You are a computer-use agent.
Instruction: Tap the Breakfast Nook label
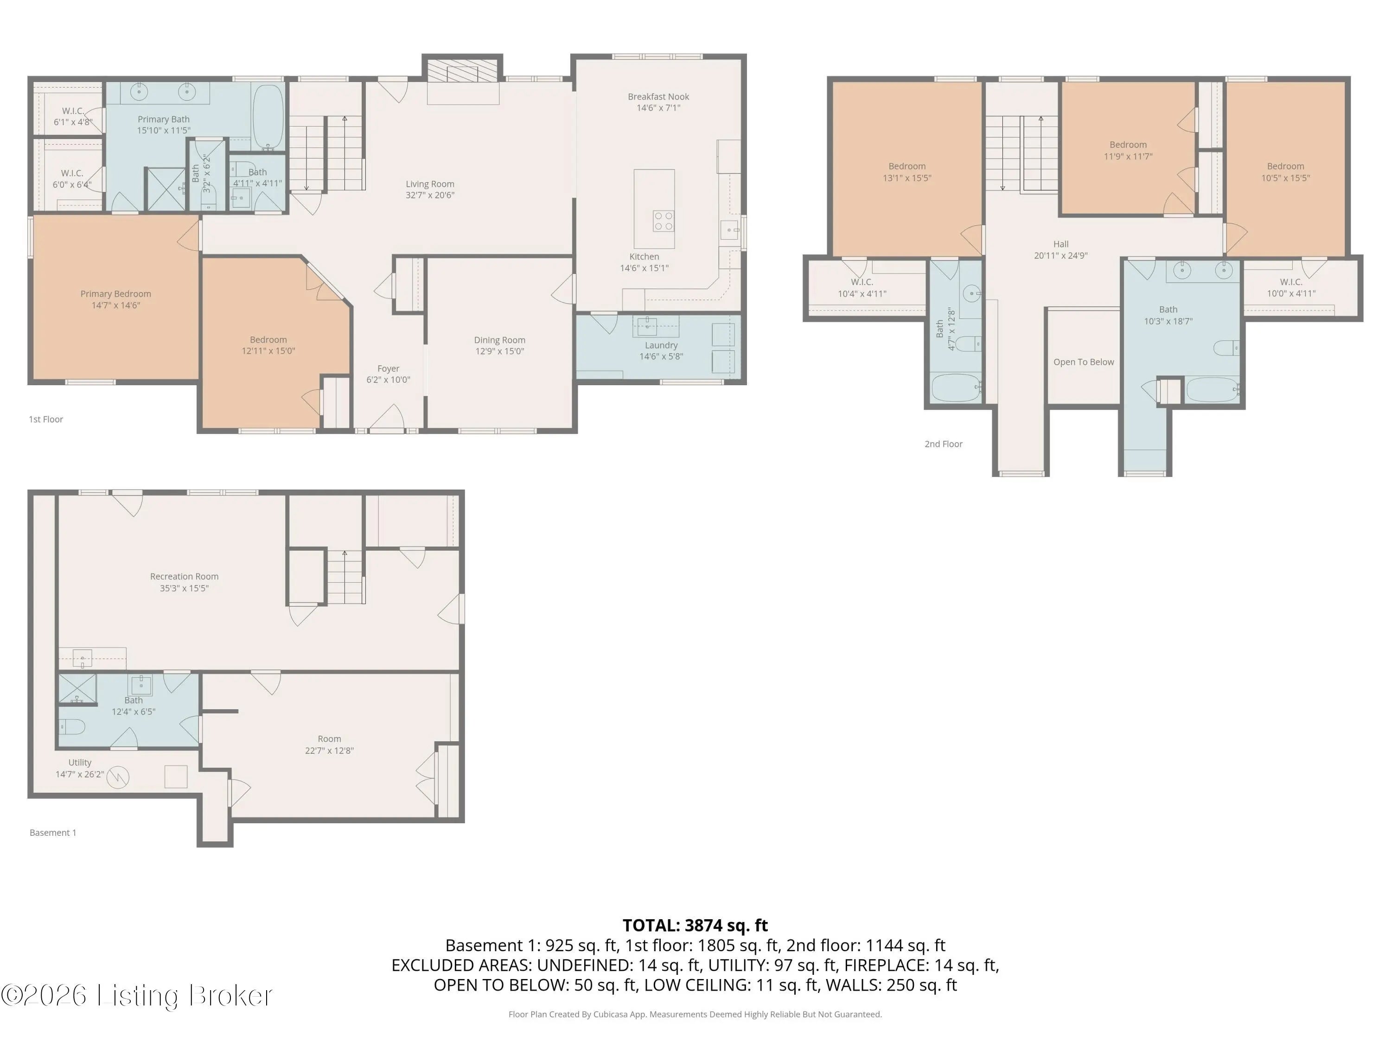click(x=658, y=97)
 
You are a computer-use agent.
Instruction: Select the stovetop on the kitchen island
click(x=664, y=221)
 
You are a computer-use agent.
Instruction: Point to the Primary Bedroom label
click(x=116, y=293)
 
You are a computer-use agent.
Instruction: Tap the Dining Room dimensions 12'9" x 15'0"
click(x=499, y=351)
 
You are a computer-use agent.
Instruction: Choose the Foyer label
click(x=388, y=369)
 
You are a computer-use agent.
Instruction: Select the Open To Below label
click(x=1084, y=362)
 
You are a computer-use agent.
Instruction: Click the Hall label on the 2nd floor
click(x=1061, y=244)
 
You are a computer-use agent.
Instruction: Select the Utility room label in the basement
click(x=80, y=763)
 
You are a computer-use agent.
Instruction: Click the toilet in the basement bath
click(x=72, y=727)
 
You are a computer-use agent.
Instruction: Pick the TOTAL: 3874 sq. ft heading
click(x=695, y=925)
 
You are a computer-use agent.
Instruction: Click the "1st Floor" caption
click(x=46, y=420)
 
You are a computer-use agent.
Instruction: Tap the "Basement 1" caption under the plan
click(x=53, y=833)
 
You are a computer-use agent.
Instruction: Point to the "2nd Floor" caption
click(x=943, y=444)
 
